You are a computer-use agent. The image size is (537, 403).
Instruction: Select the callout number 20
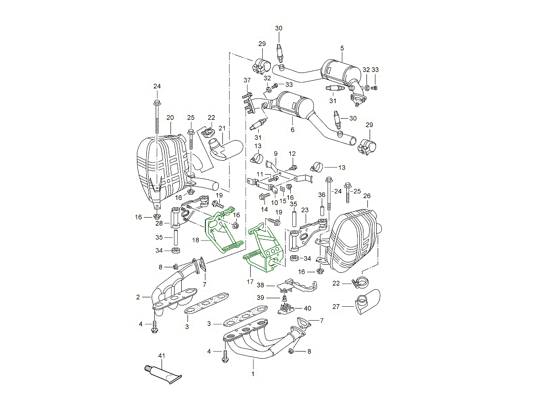click(170, 118)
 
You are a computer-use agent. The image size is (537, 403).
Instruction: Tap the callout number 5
click(342, 48)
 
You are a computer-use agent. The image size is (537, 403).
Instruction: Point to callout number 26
click(367, 196)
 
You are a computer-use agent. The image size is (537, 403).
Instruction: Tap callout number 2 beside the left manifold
click(138, 296)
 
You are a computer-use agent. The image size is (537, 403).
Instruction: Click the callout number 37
click(247, 80)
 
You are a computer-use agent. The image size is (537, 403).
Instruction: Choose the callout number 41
click(162, 356)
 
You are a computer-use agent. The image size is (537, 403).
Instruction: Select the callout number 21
click(222, 129)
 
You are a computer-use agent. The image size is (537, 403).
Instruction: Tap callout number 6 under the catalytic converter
click(292, 130)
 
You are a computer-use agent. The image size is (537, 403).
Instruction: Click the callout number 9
click(276, 154)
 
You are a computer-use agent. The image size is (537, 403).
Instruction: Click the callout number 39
click(260, 298)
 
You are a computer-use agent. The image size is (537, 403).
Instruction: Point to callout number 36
click(321, 195)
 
